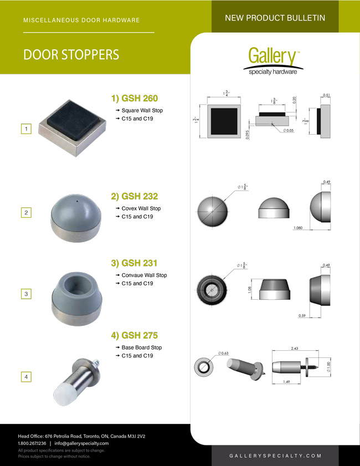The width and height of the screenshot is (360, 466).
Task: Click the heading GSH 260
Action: tap(135, 99)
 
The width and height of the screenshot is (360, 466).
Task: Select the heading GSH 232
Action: tap(135, 196)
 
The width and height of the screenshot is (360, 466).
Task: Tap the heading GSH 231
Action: tap(135, 263)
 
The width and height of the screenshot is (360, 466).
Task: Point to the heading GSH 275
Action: tap(135, 335)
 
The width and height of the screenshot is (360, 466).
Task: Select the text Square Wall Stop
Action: tap(142, 111)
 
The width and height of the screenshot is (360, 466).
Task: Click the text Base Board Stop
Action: tap(142, 347)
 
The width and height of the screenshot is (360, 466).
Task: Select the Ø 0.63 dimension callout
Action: tap(223, 353)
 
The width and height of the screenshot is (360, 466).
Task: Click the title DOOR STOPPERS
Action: tap(71, 55)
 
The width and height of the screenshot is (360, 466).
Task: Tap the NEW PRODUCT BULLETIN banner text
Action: tap(275, 18)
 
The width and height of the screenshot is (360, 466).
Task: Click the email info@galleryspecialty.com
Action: tap(81, 443)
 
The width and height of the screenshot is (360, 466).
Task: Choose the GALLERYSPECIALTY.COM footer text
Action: tap(275, 455)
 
